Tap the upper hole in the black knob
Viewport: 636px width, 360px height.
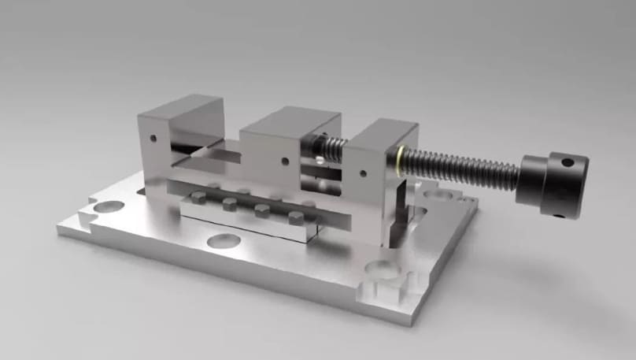(568, 163)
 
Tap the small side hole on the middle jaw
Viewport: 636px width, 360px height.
(285, 161)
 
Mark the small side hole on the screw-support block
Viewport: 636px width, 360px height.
(363, 173)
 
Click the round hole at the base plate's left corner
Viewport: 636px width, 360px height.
(109, 207)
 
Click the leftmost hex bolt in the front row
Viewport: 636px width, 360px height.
(198, 198)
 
